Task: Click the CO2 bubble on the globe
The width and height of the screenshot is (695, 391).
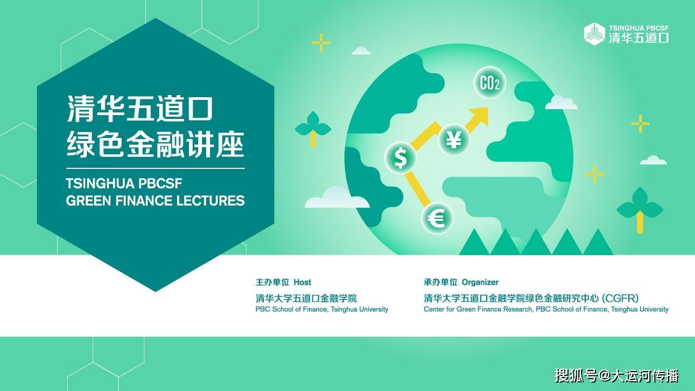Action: point(490,83)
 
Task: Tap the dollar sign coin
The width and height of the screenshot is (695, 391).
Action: point(401,158)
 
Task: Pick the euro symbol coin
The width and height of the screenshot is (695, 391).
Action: point(437,218)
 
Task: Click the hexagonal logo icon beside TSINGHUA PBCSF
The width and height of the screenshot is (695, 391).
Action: point(595,34)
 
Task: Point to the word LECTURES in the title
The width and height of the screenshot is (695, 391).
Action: point(211,201)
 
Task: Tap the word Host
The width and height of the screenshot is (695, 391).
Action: point(302,282)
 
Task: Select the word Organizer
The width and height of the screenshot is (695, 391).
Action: point(480,282)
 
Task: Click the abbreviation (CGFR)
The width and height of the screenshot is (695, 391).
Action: point(620,298)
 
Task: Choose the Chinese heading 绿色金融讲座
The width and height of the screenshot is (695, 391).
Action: point(155,145)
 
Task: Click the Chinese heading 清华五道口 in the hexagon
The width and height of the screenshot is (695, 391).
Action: point(140,108)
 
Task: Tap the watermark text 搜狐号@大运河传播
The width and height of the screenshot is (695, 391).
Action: point(616,375)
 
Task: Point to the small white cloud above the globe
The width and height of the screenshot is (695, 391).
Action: point(361,51)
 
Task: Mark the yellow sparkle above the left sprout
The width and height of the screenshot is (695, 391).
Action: point(321,42)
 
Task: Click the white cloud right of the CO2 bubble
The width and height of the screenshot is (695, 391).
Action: point(561,103)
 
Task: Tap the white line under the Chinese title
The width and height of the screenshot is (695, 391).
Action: point(155,168)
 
